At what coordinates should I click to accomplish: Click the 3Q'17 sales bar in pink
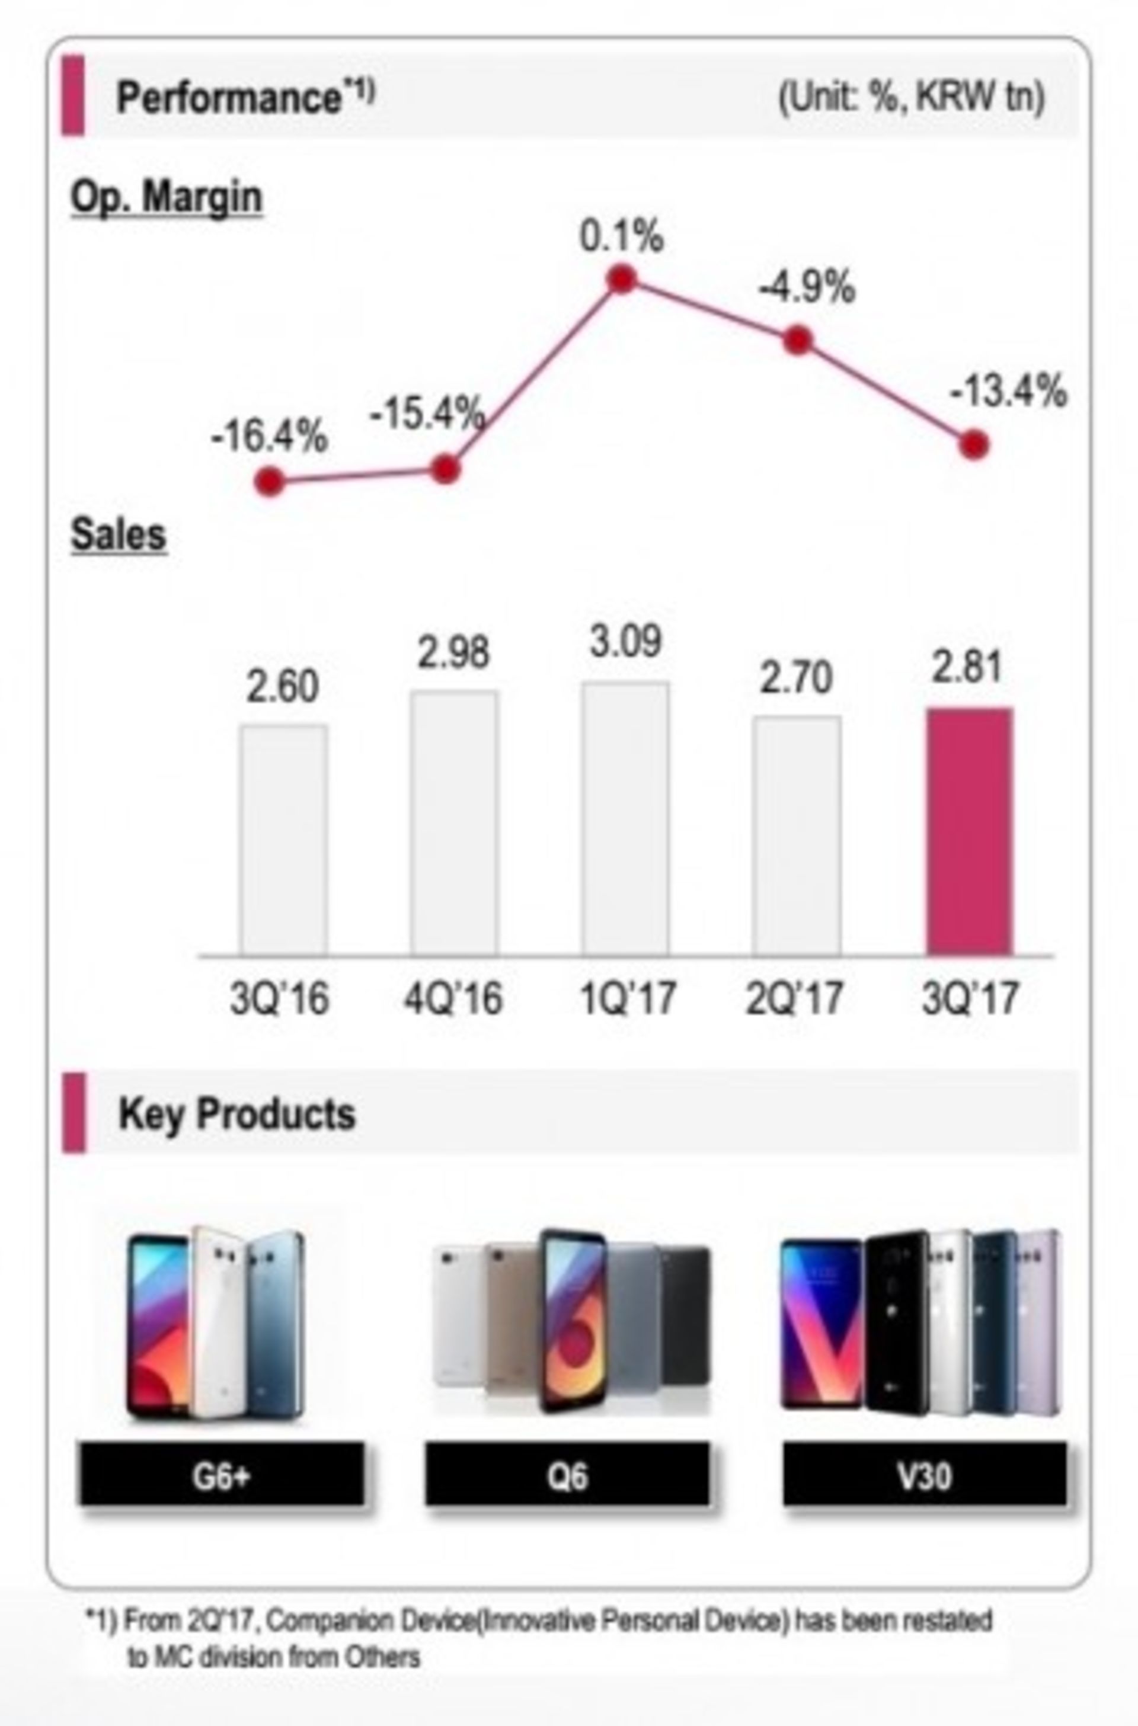[x=969, y=831]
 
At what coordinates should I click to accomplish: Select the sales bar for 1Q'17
[x=625, y=818]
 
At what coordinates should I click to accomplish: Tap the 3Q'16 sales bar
[x=284, y=840]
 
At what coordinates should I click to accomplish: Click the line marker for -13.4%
[x=974, y=445]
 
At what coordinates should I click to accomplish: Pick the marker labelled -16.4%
[x=270, y=482]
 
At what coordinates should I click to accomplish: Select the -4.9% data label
[x=807, y=288]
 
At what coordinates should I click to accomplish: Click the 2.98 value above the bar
[x=453, y=652]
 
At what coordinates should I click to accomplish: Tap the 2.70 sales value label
[x=795, y=679]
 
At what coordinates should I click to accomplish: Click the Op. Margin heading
[x=166, y=197]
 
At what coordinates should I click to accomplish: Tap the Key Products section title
[x=236, y=1115]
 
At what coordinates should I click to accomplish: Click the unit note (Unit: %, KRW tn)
[x=912, y=97]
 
